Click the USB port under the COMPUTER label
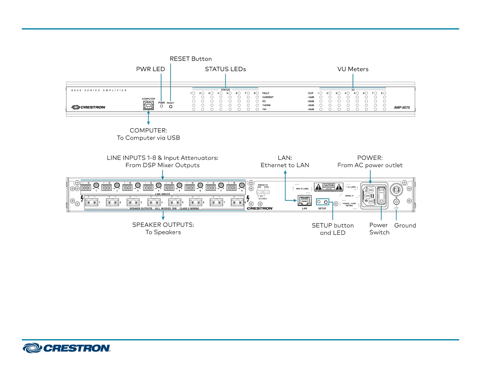pos(148,105)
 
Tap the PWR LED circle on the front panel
pos(162,106)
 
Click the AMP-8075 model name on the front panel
pos(402,108)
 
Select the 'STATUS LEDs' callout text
pos(225,69)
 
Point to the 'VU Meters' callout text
pos(353,69)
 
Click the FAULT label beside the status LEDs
pos(266,93)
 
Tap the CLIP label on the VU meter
pos(311,93)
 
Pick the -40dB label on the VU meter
pos(311,109)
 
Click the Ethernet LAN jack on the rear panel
pos(305,201)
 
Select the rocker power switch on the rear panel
pos(381,196)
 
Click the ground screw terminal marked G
pos(396,202)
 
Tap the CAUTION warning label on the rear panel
pos(329,187)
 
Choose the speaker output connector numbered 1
pos(91,202)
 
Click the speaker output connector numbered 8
pos(237,202)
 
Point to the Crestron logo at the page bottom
pos(67,348)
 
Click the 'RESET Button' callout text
pos(191,59)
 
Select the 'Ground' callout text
pos(405,226)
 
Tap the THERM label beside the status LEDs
pos(266,105)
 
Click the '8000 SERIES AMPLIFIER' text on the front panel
pos(99,90)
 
